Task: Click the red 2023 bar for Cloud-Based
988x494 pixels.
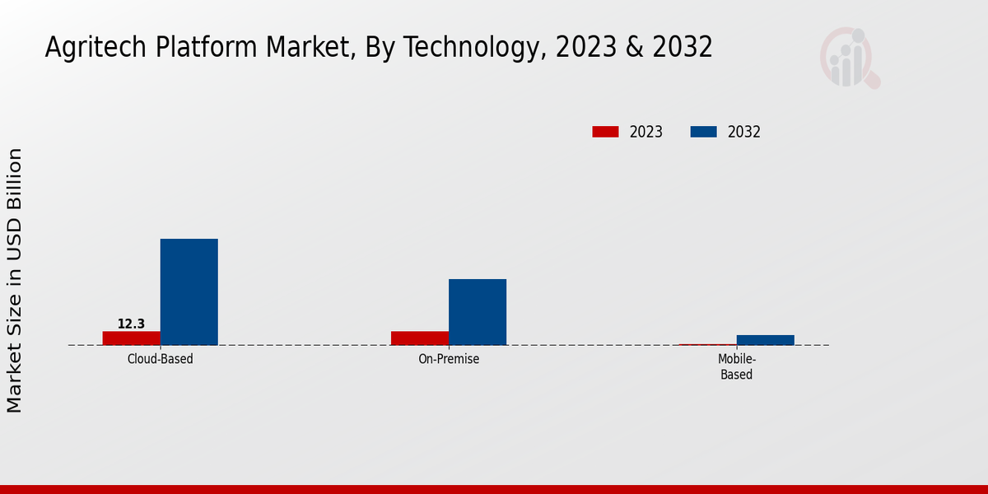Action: (x=132, y=338)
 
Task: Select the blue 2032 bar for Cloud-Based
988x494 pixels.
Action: (x=189, y=291)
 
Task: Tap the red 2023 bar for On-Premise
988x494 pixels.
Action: (x=420, y=338)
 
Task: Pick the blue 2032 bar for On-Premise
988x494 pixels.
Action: (x=478, y=312)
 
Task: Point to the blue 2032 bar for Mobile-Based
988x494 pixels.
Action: (x=766, y=340)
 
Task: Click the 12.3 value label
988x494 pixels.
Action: (x=131, y=324)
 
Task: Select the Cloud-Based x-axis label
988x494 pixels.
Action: (x=161, y=360)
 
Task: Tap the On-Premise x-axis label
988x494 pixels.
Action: (x=449, y=360)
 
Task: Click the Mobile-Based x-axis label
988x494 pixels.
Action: (x=737, y=367)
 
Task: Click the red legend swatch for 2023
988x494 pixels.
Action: (x=605, y=132)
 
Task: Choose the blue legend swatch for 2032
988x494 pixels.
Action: (x=703, y=132)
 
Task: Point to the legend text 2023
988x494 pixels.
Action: (x=646, y=132)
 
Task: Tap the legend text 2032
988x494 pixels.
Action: (x=744, y=132)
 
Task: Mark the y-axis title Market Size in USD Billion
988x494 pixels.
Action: (x=15, y=280)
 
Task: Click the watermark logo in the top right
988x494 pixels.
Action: (x=849, y=58)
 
